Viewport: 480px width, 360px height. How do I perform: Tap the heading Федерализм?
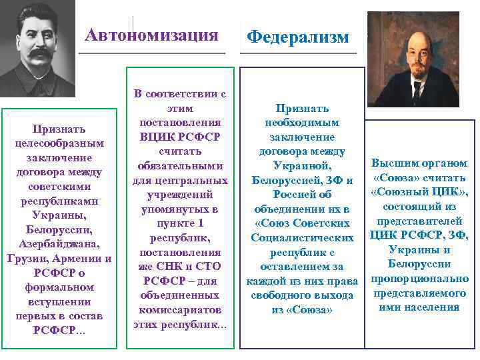[297, 37]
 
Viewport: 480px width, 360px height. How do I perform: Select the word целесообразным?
[59, 143]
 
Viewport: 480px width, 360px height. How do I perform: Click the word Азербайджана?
[59, 243]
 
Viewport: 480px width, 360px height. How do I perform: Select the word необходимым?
[301, 122]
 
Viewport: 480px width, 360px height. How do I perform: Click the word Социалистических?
[302, 237]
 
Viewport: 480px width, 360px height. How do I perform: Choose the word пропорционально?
[420, 279]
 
